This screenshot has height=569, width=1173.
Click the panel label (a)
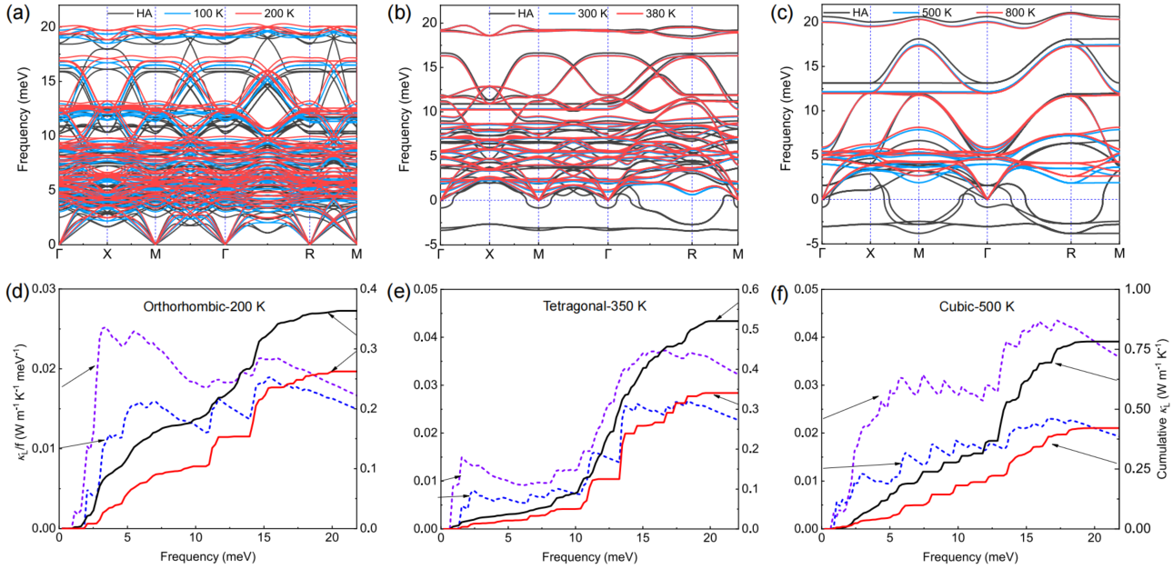click(17, 14)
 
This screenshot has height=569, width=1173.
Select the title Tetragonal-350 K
click(579, 306)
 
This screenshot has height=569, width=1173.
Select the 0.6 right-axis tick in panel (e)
click(752, 289)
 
